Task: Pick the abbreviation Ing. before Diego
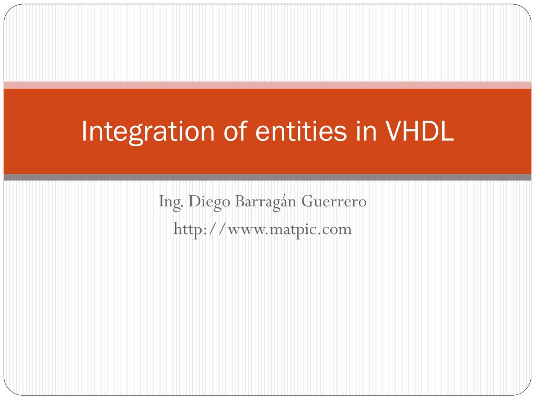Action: [x=170, y=202]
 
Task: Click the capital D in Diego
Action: [x=193, y=201]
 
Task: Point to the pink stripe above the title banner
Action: [x=267, y=85]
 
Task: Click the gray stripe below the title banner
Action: [x=267, y=178]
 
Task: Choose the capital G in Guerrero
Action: [x=306, y=201]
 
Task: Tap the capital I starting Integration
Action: [x=84, y=132]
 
